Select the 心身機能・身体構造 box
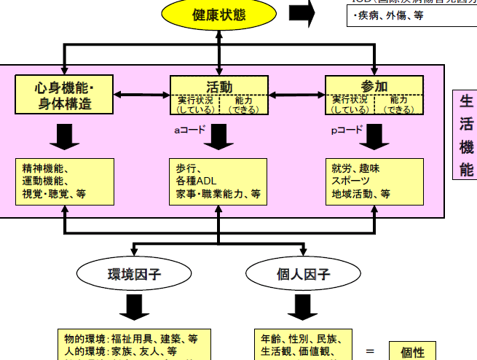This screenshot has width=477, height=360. [65, 95]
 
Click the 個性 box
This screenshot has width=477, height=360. [412, 351]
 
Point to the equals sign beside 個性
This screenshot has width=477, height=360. [370, 351]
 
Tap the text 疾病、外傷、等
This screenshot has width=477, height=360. [386, 15]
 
